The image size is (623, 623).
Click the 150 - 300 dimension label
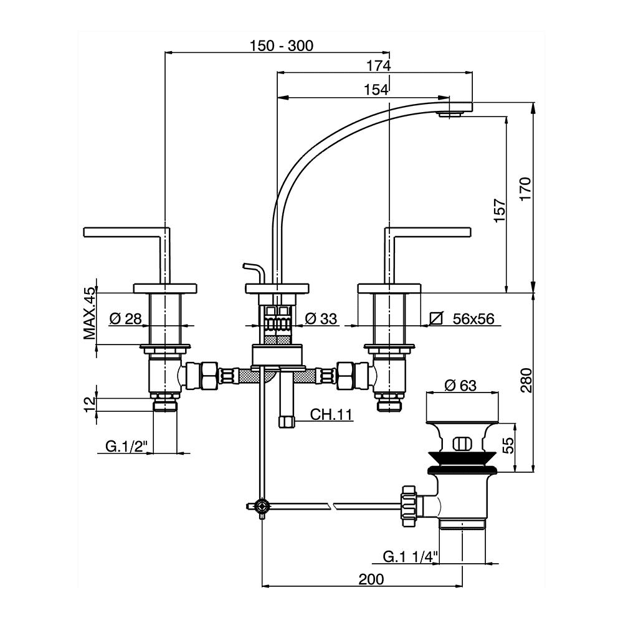(x=281, y=45)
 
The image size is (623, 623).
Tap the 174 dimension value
(x=378, y=65)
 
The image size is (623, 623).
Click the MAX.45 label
(x=91, y=313)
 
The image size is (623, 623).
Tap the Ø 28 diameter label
(x=125, y=319)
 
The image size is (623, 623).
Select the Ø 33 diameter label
(x=321, y=319)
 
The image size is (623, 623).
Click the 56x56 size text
(x=473, y=319)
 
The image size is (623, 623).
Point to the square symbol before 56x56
(x=437, y=319)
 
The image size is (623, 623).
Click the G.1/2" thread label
(x=125, y=446)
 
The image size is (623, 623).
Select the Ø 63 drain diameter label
(x=460, y=386)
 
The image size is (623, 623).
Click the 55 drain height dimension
(x=508, y=445)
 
